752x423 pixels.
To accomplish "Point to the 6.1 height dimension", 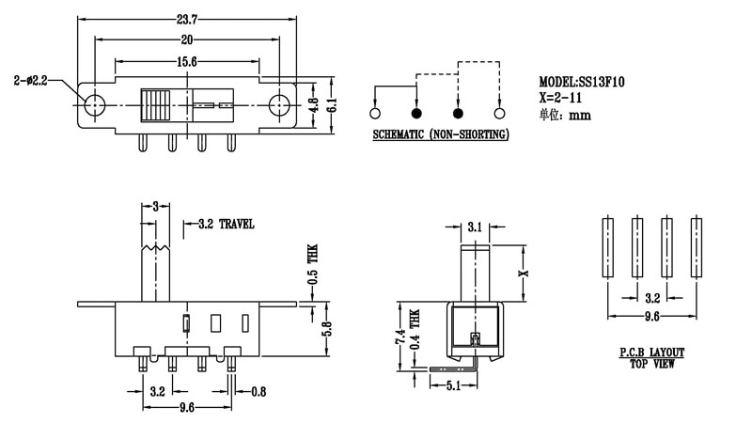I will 331,103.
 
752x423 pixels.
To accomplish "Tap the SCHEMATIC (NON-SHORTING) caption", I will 440,136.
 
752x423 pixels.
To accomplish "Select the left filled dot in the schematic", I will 416,113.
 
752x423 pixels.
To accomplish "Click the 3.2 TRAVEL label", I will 226,225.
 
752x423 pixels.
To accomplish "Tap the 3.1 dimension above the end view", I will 476,227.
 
